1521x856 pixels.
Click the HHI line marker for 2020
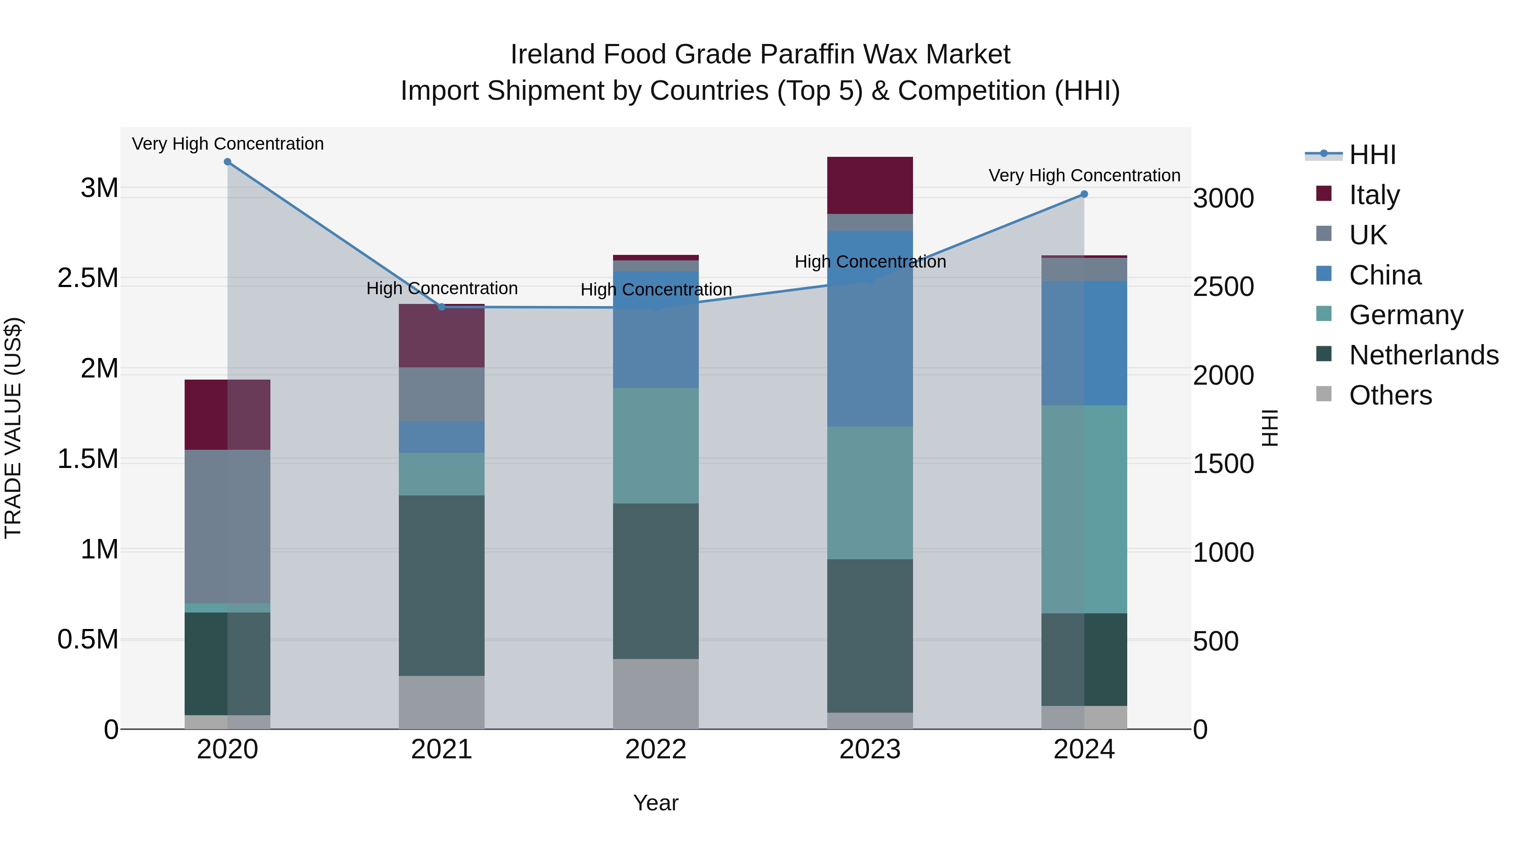point(227,162)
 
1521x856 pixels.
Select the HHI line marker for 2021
point(442,306)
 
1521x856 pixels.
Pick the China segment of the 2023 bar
point(870,328)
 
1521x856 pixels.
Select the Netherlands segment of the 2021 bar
point(442,585)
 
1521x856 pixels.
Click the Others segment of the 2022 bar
point(655,694)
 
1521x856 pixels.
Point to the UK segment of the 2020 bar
point(227,526)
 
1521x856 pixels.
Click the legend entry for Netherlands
point(1423,355)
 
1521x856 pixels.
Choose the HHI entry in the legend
point(1372,155)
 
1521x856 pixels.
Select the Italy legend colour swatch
point(1324,194)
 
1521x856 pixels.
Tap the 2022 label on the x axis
point(655,749)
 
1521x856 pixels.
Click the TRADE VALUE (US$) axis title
point(13,428)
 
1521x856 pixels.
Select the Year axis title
point(655,803)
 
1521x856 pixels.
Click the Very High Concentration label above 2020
point(227,144)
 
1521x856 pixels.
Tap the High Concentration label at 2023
point(870,261)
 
